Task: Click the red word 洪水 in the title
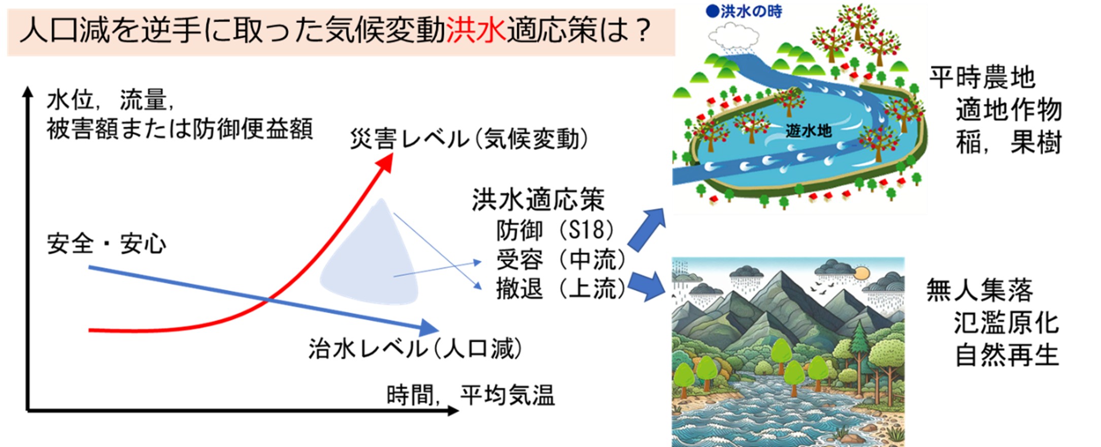coord(476,30)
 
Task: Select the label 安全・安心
coord(107,244)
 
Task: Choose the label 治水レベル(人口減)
coord(415,349)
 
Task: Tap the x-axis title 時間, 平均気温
coord(471,395)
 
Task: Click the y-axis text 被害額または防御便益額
coord(180,128)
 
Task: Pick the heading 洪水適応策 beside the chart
coord(539,200)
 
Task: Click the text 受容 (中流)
coord(561,260)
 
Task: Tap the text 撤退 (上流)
coord(561,289)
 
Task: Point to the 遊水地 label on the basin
coord(809,131)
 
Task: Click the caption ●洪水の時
coord(744,11)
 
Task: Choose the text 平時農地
coord(982,78)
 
